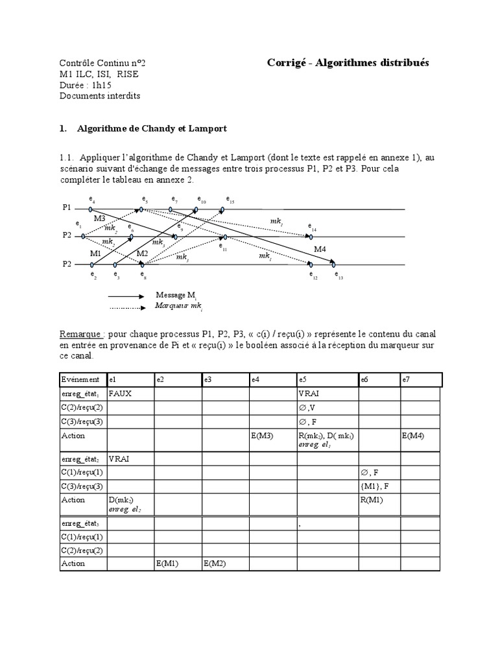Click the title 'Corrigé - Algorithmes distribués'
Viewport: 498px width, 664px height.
348,62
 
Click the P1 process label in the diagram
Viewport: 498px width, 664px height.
67,208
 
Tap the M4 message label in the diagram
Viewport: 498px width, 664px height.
320,250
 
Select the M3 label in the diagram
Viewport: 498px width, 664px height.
99,219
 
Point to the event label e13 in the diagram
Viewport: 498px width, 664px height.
339,275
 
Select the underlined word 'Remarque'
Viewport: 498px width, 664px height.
81,334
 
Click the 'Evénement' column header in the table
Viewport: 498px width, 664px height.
81,379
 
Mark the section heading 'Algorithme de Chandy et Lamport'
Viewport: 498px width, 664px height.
152,129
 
